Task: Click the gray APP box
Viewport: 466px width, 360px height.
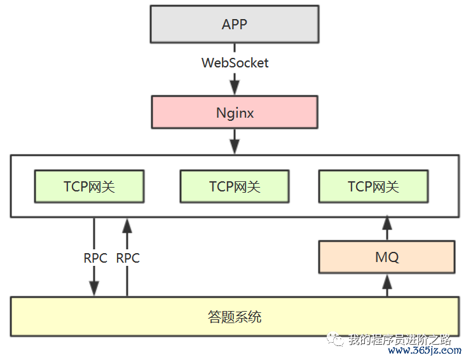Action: [x=234, y=25]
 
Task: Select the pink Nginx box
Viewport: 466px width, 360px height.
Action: [x=234, y=113]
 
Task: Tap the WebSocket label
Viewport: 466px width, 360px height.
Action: [x=235, y=63]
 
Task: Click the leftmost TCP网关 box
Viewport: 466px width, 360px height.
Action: [x=89, y=186]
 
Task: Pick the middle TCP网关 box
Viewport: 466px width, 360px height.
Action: [x=234, y=186]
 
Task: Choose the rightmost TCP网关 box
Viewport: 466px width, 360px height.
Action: [x=373, y=186]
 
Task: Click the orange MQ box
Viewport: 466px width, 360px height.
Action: [x=386, y=257]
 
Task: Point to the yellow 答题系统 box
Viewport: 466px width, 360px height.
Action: [x=234, y=316]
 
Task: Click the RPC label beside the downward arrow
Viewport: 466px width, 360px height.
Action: [x=95, y=258]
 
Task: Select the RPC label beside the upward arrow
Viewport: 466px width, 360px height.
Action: [x=128, y=258]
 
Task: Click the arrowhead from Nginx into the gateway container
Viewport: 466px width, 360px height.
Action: [x=235, y=146]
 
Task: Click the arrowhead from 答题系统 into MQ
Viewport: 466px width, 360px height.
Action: [x=386, y=280]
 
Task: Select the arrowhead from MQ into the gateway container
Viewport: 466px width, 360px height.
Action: [x=386, y=224]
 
